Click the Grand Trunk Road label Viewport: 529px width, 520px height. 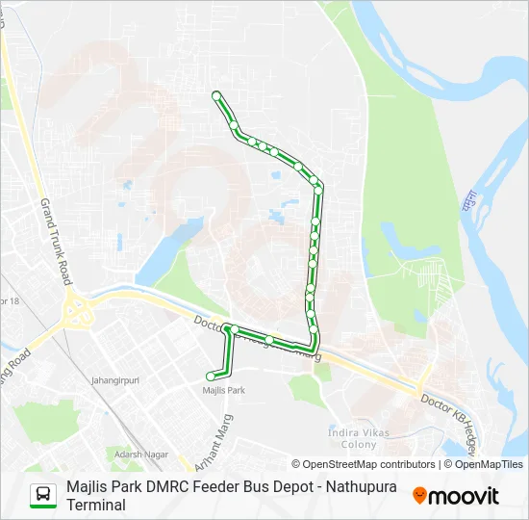tap(55, 241)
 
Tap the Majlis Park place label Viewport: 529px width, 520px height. tap(224, 390)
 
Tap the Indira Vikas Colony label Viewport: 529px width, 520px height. tap(358, 439)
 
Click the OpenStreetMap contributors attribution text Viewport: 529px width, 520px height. tap(368, 464)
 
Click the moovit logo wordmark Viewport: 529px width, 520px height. tap(465, 496)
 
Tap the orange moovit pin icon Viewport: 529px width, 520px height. tap(419, 496)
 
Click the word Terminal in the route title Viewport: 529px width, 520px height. tap(96, 505)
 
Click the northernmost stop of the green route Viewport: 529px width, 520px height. tap(216, 95)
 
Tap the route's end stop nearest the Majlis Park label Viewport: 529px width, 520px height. tap(212, 376)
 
